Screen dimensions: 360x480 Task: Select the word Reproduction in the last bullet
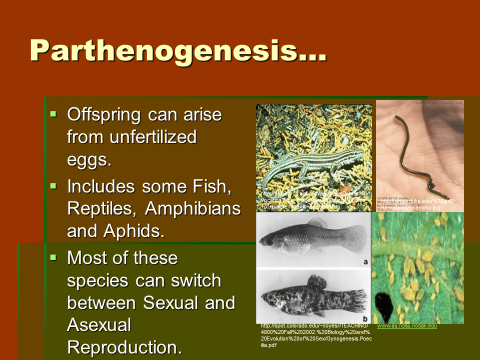point(124,347)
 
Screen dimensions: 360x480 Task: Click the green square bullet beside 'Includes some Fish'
point(54,186)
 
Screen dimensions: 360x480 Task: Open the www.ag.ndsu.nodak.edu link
point(407,325)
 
